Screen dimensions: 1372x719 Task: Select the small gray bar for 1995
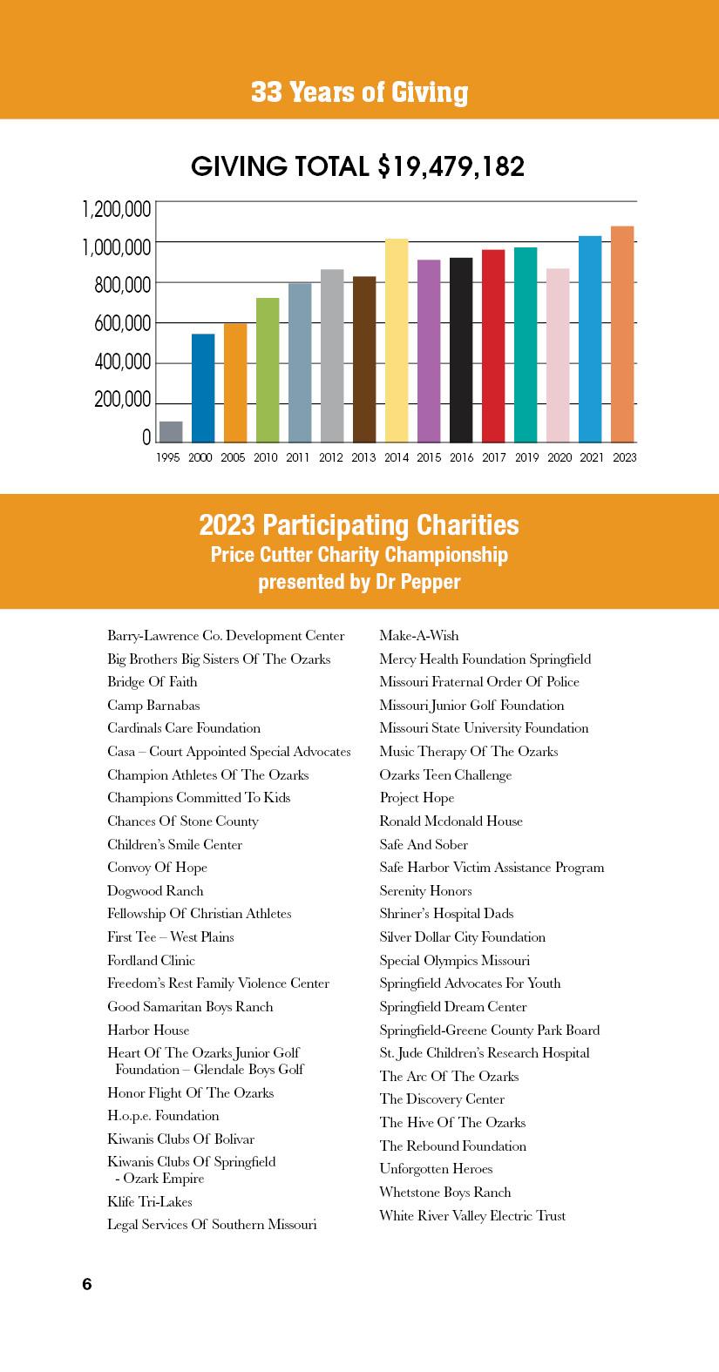pos(171,432)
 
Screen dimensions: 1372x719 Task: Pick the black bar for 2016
pos(461,349)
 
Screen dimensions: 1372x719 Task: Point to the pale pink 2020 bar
pos(558,355)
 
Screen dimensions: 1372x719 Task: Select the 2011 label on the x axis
pos(299,457)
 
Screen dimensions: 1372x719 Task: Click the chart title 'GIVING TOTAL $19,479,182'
pos(358,166)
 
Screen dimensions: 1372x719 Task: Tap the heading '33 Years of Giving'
pos(359,92)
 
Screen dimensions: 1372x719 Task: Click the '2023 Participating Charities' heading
pos(359,525)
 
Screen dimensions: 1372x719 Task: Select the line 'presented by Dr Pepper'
pos(359,582)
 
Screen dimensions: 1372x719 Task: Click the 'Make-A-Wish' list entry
pos(419,636)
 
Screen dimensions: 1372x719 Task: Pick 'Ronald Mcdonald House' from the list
pos(451,821)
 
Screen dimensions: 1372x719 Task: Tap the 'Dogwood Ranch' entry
pos(155,890)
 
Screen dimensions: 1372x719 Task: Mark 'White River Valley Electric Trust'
pos(472,1215)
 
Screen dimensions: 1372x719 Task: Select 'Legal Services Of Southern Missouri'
pos(212,1225)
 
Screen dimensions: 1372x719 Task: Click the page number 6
pos(87,1284)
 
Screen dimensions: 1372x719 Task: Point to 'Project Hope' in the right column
pos(417,798)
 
